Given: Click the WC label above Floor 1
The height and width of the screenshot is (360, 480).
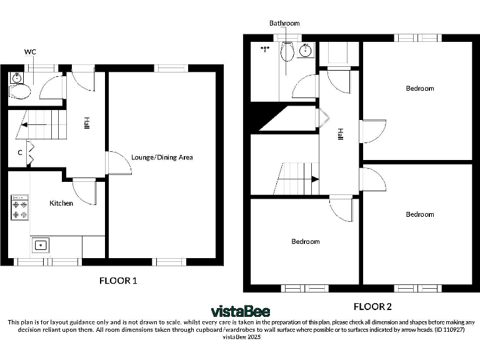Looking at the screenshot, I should pos(29,51).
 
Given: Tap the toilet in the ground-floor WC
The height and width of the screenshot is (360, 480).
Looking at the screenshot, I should pos(20,92).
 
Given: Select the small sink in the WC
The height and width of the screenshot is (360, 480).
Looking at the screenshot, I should pos(17,78).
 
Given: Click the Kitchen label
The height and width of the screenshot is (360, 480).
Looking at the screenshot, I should pos(61,203).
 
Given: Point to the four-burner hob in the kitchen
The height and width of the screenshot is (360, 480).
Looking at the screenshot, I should pos(19,209).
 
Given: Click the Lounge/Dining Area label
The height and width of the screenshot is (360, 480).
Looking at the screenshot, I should pos(162,157).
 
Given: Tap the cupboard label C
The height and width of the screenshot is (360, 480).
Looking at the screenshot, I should pos(20,152).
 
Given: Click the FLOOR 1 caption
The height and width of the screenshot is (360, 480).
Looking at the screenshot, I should pos(118,281).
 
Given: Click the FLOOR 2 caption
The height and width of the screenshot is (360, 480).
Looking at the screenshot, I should pos(372,306).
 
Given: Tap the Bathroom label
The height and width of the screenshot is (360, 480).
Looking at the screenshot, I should pos(284,23).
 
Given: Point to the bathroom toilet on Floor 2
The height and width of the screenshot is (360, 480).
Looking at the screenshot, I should pos(287,53).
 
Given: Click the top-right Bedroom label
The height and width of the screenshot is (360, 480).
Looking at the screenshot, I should pos(419,88).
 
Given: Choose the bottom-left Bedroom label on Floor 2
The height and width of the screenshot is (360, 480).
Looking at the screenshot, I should pos(305,241).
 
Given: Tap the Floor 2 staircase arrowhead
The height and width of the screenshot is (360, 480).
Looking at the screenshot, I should pos(315,179).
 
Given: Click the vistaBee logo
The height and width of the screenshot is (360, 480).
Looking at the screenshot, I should pos(240,311).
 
